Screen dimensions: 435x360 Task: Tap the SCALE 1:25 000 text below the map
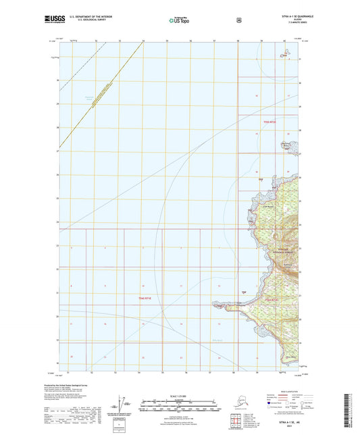180,395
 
